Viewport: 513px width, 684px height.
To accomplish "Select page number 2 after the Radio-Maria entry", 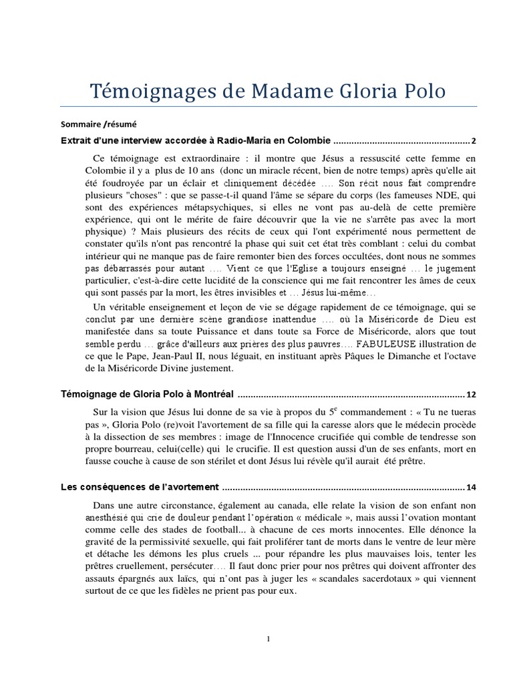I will pyautogui.click(x=474, y=141).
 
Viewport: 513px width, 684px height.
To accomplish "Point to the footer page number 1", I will pyautogui.click(x=268, y=639).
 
